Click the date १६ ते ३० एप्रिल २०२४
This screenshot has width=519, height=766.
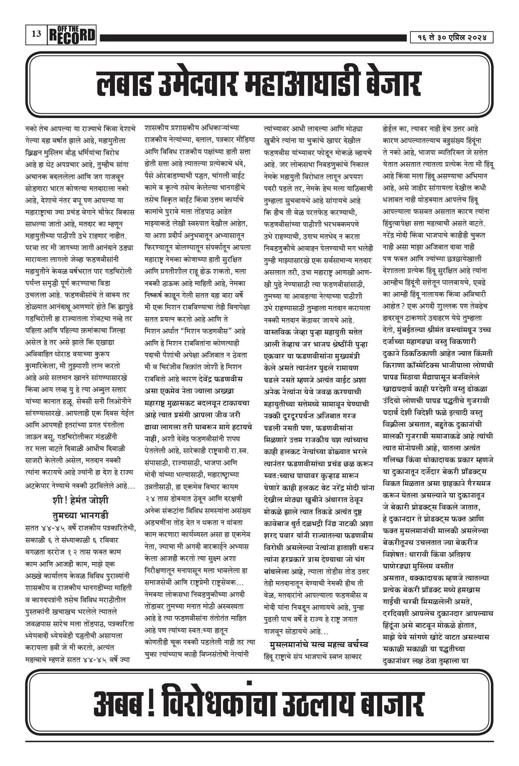[x=451, y=37]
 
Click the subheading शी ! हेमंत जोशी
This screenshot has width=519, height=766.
[x=80, y=500]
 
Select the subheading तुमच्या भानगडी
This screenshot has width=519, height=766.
[x=80, y=515]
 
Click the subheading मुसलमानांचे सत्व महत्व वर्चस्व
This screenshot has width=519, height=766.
[x=319, y=645]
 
